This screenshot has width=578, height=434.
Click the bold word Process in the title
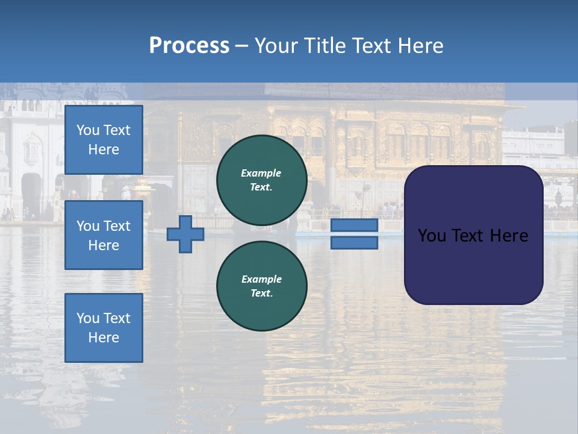(x=189, y=46)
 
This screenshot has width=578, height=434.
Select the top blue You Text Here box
(x=104, y=140)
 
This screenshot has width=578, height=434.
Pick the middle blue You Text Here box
(x=104, y=235)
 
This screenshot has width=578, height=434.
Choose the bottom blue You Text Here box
(x=104, y=328)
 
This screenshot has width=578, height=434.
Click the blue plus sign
(x=185, y=234)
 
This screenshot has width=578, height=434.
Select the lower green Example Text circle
(x=261, y=286)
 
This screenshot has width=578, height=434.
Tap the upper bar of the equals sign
(x=354, y=225)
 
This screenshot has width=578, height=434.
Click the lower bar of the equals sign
(x=354, y=243)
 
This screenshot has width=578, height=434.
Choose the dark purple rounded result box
(x=473, y=265)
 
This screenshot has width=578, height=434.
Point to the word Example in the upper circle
(x=261, y=173)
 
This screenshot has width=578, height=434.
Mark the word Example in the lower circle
(x=261, y=279)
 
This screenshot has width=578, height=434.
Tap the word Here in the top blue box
(x=104, y=149)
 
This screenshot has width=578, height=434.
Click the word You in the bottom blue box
(x=88, y=318)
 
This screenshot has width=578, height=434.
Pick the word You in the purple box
(x=432, y=236)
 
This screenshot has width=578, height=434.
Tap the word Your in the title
(x=276, y=46)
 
